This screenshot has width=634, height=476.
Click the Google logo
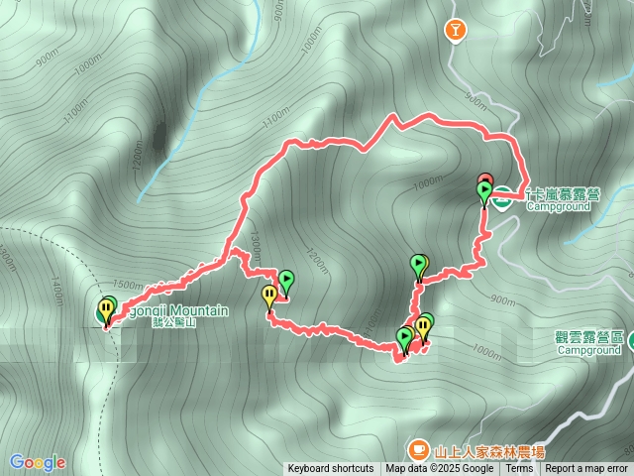point(38,462)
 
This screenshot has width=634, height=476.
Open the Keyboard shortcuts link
point(331,469)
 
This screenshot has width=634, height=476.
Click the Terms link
point(518,469)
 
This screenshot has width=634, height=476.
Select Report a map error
point(587,469)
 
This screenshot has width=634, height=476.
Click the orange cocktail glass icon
point(456,31)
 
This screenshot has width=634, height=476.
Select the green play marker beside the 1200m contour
point(286,281)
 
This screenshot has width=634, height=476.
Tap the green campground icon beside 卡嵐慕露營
point(503,195)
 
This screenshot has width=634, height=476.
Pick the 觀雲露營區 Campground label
point(588,342)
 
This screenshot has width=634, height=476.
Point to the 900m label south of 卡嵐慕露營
point(503,300)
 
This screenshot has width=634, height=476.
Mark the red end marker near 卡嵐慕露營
point(484,179)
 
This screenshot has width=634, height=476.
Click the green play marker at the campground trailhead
point(484,191)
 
